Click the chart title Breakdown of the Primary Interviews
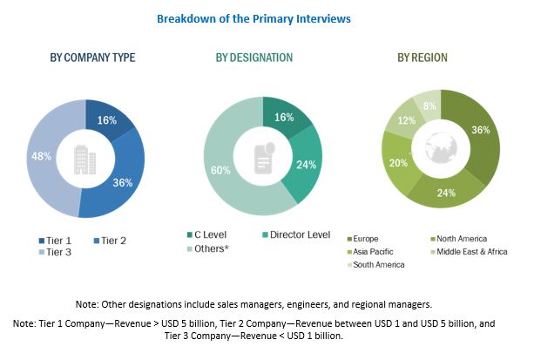click(x=267, y=17)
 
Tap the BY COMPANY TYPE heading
click(x=91, y=58)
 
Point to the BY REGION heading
click(x=422, y=58)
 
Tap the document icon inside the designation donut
click(x=264, y=157)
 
